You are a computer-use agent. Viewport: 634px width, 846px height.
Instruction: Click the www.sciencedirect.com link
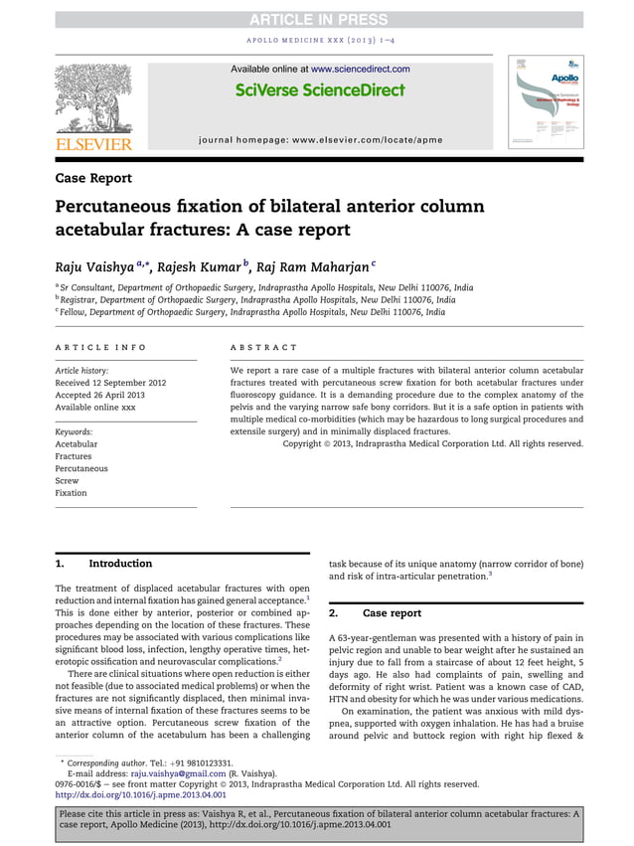(360, 69)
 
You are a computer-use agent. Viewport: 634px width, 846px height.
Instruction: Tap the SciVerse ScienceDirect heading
(320, 90)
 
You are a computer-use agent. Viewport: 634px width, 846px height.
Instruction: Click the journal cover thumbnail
(546, 102)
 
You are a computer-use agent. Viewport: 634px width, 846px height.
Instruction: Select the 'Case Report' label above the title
(93, 178)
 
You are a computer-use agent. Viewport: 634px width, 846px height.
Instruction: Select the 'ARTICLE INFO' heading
(100, 347)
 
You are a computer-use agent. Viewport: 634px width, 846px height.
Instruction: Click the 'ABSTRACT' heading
(263, 347)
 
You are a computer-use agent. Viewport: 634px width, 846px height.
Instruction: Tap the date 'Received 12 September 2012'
(110, 382)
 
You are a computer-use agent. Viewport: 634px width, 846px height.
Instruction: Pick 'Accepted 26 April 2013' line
(101, 395)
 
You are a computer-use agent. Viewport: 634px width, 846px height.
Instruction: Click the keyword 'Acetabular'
(77, 444)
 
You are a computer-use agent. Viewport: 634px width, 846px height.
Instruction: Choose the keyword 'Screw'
(67, 481)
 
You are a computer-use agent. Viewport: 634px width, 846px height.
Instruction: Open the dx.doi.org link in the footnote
(140, 794)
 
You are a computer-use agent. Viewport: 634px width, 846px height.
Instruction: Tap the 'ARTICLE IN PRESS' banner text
(317, 19)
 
